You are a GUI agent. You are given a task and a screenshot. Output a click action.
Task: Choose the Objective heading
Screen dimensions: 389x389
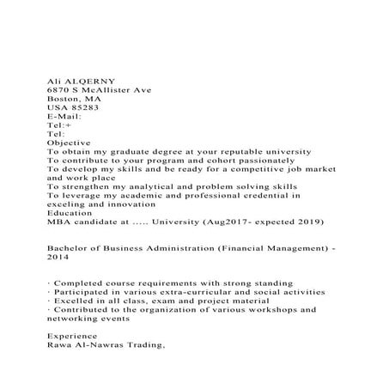(69, 142)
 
